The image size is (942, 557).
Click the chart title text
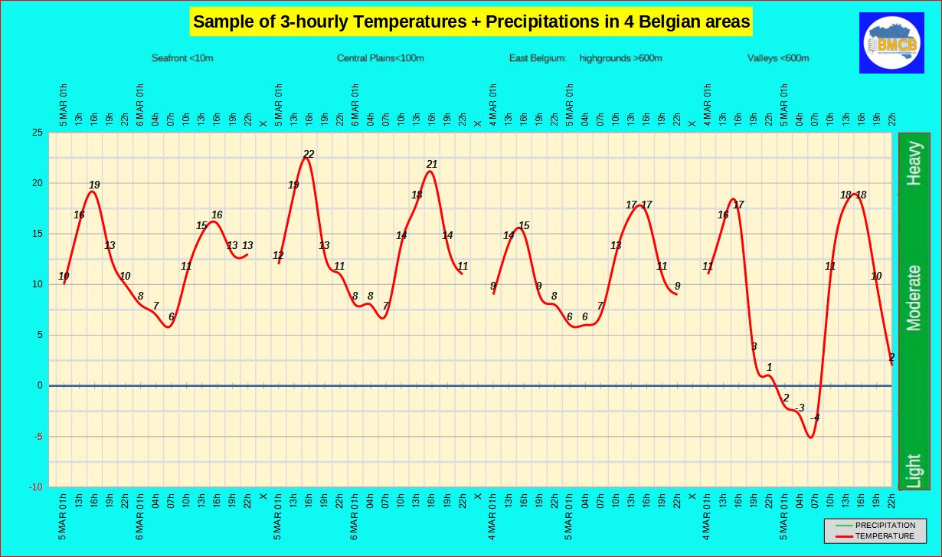point(471,21)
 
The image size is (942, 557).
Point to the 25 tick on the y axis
point(36,133)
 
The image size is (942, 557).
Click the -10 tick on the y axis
point(34,487)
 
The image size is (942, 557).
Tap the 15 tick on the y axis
point(36,234)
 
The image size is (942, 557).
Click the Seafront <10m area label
point(182,58)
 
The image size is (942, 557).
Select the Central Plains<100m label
point(381,58)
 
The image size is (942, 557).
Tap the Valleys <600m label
point(778,58)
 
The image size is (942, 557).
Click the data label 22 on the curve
point(309,154)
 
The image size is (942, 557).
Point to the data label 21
point(432,164)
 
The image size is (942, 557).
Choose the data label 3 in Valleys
point(754,346)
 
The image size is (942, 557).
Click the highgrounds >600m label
point(621,58)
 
